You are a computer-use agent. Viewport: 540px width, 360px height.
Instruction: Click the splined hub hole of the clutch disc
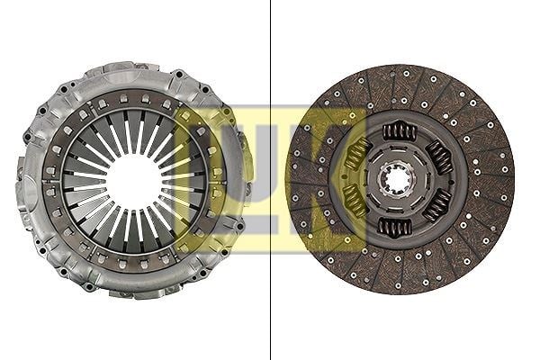[x=398, y=179]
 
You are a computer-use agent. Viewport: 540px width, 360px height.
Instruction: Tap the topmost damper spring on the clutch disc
[x=400, y=131]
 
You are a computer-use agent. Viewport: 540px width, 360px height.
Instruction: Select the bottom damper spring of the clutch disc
[x=395, y=227]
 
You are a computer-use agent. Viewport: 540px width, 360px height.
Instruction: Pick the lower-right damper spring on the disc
[x=437, y=204]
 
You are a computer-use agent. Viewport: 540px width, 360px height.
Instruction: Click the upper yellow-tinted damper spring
[x=358, y=154]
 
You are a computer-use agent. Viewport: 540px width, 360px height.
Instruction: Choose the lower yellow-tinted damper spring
[x=355, y=202]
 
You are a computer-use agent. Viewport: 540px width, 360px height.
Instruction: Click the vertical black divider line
[x=270, y=180]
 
